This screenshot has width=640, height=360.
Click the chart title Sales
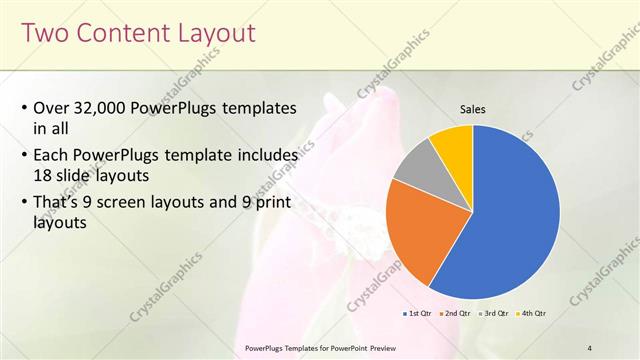coord(472,109)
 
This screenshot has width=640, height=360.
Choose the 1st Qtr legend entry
coord(417,313)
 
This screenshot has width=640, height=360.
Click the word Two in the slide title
coord(46,34)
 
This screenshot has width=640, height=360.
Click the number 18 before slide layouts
coord(44,174)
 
